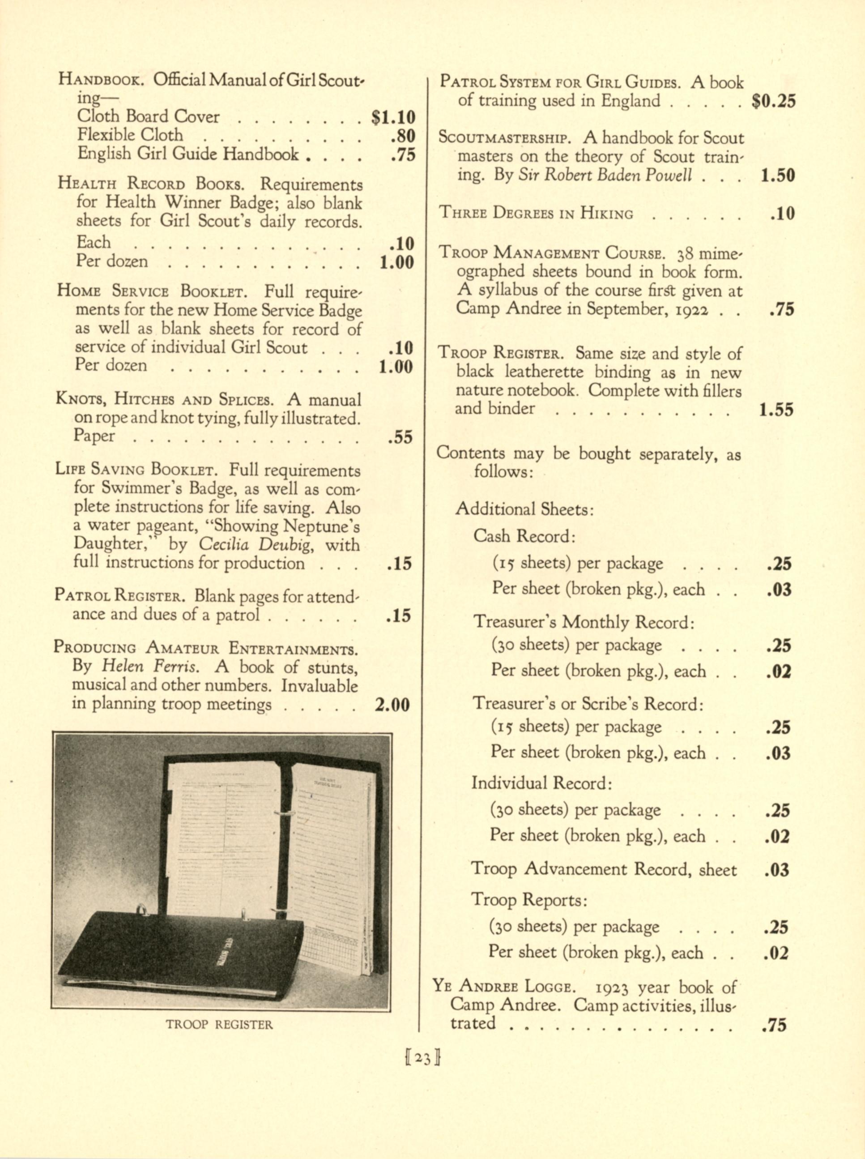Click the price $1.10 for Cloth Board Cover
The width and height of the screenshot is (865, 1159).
(x=393, y=117)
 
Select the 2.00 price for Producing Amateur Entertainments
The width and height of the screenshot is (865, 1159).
(x=392, y=705)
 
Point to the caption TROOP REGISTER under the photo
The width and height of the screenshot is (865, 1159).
(x=219, y=1024)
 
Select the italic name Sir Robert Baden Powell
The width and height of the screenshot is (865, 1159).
(x=605, y=175)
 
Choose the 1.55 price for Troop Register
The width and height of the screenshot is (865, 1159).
(x=776, y=410)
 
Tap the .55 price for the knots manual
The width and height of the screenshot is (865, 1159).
(x=400, y=437)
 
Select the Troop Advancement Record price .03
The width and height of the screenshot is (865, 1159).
(x=776, y=870)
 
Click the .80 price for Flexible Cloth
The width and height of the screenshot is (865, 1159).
(x=403, y=136)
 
